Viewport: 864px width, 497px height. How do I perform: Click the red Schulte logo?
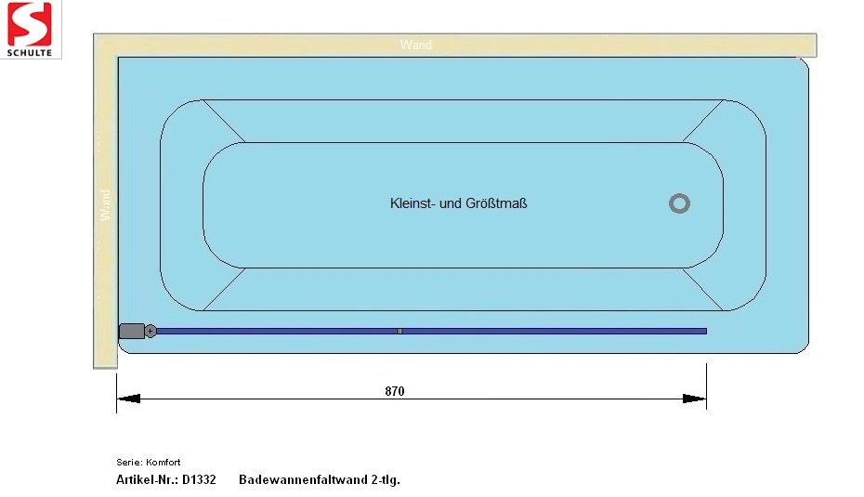coord(29,24)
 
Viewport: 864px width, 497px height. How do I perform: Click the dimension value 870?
coord(395,391)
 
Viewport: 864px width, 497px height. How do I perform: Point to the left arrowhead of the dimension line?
coord(128,399)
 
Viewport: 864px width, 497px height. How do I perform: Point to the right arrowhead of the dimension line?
coord(694,399)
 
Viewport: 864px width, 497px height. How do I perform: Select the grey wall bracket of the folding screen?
coord(132,331)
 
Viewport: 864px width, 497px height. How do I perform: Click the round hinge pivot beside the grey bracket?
coord(150,331)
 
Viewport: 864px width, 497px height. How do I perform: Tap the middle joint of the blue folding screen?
coord(399,331)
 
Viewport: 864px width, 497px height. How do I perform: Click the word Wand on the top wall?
coord(416,45)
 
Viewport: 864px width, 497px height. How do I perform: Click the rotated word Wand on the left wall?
coord(105,205)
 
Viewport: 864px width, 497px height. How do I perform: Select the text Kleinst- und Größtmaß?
coord(458,203)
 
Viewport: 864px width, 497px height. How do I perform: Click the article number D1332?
coord(199,479)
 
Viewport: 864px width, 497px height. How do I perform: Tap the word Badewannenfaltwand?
coord(303,479)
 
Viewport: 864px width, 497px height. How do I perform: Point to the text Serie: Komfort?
coord(149,463)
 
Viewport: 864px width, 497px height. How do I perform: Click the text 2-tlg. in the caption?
coord(386,480)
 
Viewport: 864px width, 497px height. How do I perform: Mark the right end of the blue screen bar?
coord(706,331)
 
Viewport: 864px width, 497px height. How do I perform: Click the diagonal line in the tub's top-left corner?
coord(224,121)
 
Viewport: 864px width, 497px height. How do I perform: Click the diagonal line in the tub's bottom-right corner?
coord(702,289)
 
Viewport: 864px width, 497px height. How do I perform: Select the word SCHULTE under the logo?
coord(29,53)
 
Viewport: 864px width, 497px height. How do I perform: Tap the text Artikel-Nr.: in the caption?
coord(147,479)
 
